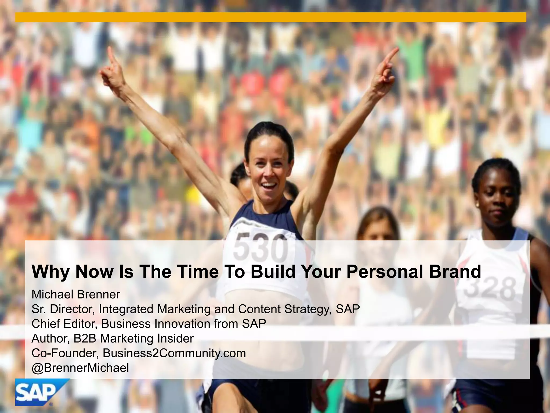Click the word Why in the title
tap(50, 272)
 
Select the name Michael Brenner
tap(76, 294)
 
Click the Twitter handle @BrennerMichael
tap(80, 368)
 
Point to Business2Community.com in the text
tap(174, 353)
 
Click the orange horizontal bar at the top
tap(270, 17)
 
